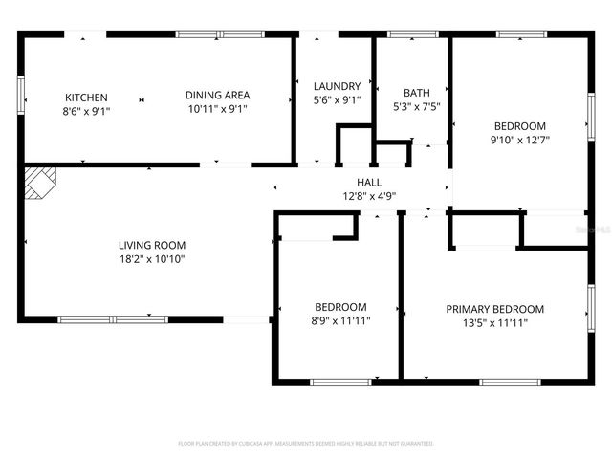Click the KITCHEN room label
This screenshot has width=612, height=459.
coord(86,97)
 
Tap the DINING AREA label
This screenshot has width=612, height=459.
coord(217,95)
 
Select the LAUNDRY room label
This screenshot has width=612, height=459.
coord(337,85)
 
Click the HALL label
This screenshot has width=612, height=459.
coord(369,182)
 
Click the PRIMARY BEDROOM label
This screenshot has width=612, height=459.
coord(494,309)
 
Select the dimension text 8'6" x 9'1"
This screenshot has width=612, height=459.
coord(86,111)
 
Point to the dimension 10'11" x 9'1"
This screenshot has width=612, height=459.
coord(217,109)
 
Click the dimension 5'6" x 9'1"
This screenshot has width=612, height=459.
coord(337,99)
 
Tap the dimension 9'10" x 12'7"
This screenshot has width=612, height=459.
coord(519,140)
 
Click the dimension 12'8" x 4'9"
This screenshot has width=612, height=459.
coord(369,196)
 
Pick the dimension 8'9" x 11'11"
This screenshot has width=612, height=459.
coord(341,321)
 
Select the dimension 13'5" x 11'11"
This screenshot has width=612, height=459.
coord(494,323)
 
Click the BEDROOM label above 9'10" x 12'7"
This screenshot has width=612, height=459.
coord(519,125)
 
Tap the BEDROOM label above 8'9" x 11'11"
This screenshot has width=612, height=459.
coord(341,307)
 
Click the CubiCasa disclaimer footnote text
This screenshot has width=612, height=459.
coord(306,444)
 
